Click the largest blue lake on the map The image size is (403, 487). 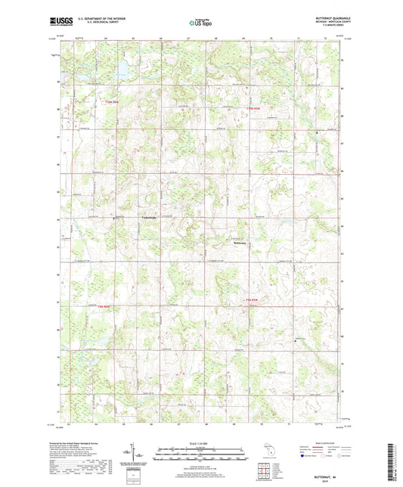tap(120, 72)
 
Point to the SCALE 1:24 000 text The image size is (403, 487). tap(201, 442)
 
